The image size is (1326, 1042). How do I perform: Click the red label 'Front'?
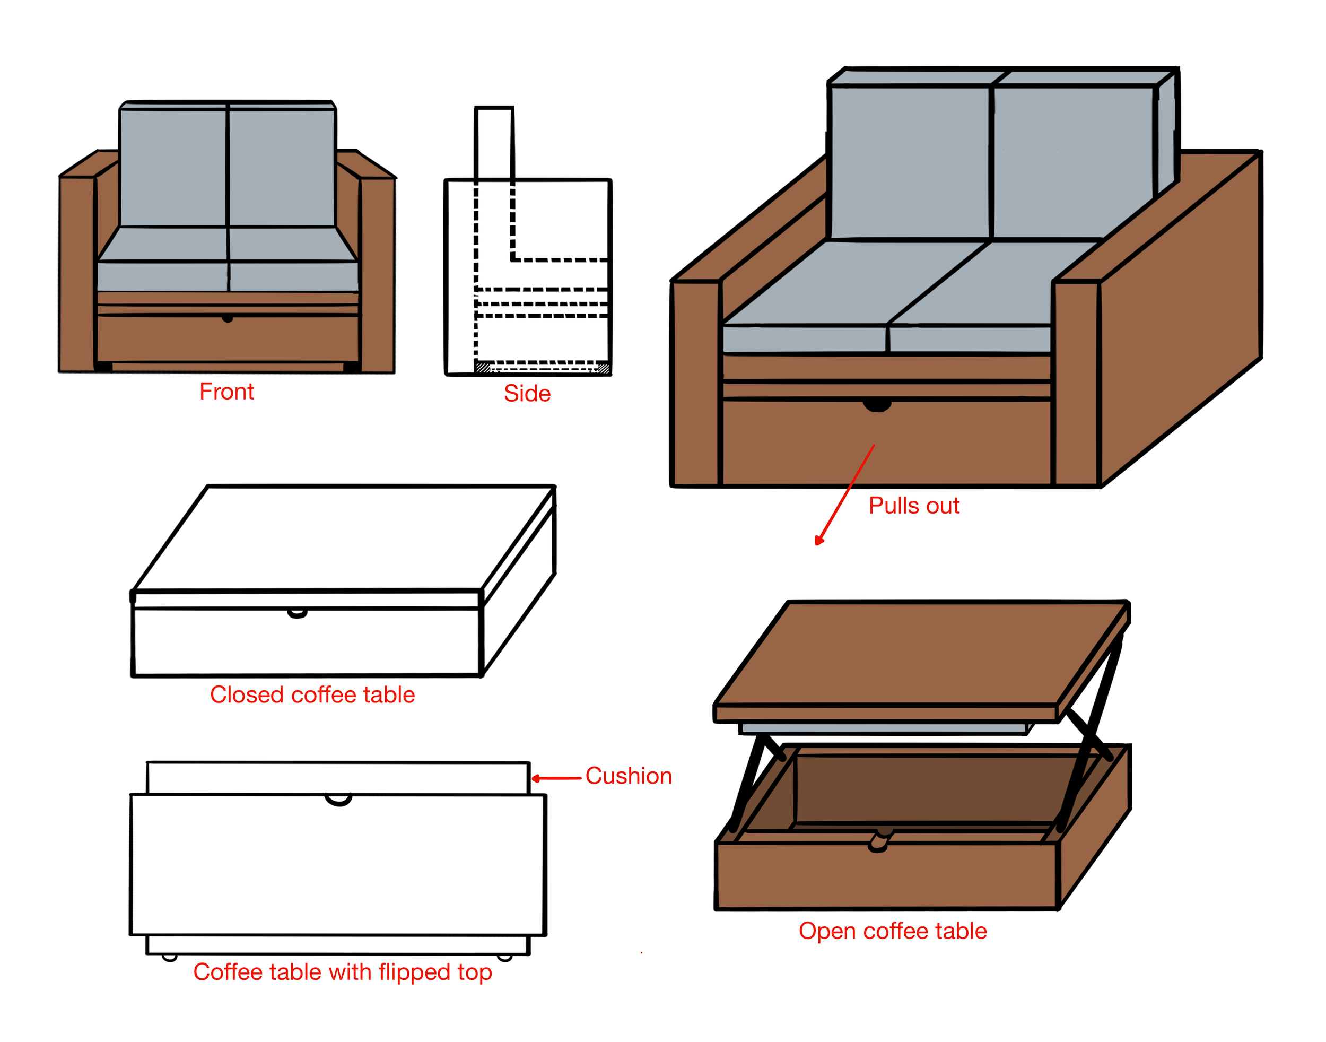pos(226,392)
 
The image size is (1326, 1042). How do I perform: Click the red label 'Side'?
pos(527,394)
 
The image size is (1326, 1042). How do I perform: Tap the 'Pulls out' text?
pos(914,506)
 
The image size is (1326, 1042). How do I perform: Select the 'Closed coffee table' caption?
pos(312,695)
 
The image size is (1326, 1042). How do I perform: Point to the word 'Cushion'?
pos(628,776)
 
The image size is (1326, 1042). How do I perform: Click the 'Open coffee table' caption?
pos(892,931)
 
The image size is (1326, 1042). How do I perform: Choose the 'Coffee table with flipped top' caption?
pos(342,972)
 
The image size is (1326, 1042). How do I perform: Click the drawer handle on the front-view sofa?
pos(228,318)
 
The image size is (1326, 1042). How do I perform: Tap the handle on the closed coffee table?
pos(297,614)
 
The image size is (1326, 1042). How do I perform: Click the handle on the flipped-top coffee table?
pos(338,800)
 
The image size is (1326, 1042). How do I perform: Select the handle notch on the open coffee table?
pos(878,843)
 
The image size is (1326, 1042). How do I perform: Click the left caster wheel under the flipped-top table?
pos(170,958)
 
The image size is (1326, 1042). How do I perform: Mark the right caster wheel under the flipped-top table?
pos(504,958)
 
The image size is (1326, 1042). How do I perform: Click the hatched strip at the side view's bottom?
pos(543,368)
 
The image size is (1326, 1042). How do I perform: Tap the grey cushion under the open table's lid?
pos(884,728)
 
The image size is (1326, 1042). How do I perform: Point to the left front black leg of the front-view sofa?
pos(103,367)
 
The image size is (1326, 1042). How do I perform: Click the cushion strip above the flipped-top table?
pos(338,778)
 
